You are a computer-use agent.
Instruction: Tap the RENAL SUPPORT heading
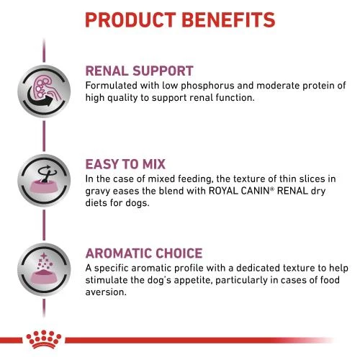(x=139, y=71)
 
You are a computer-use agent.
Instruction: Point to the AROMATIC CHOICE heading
(x=143, y=253)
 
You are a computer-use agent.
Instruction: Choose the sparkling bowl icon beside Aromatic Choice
(x=40, y=274)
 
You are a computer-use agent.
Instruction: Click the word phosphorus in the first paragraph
(x=205, y=86)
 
